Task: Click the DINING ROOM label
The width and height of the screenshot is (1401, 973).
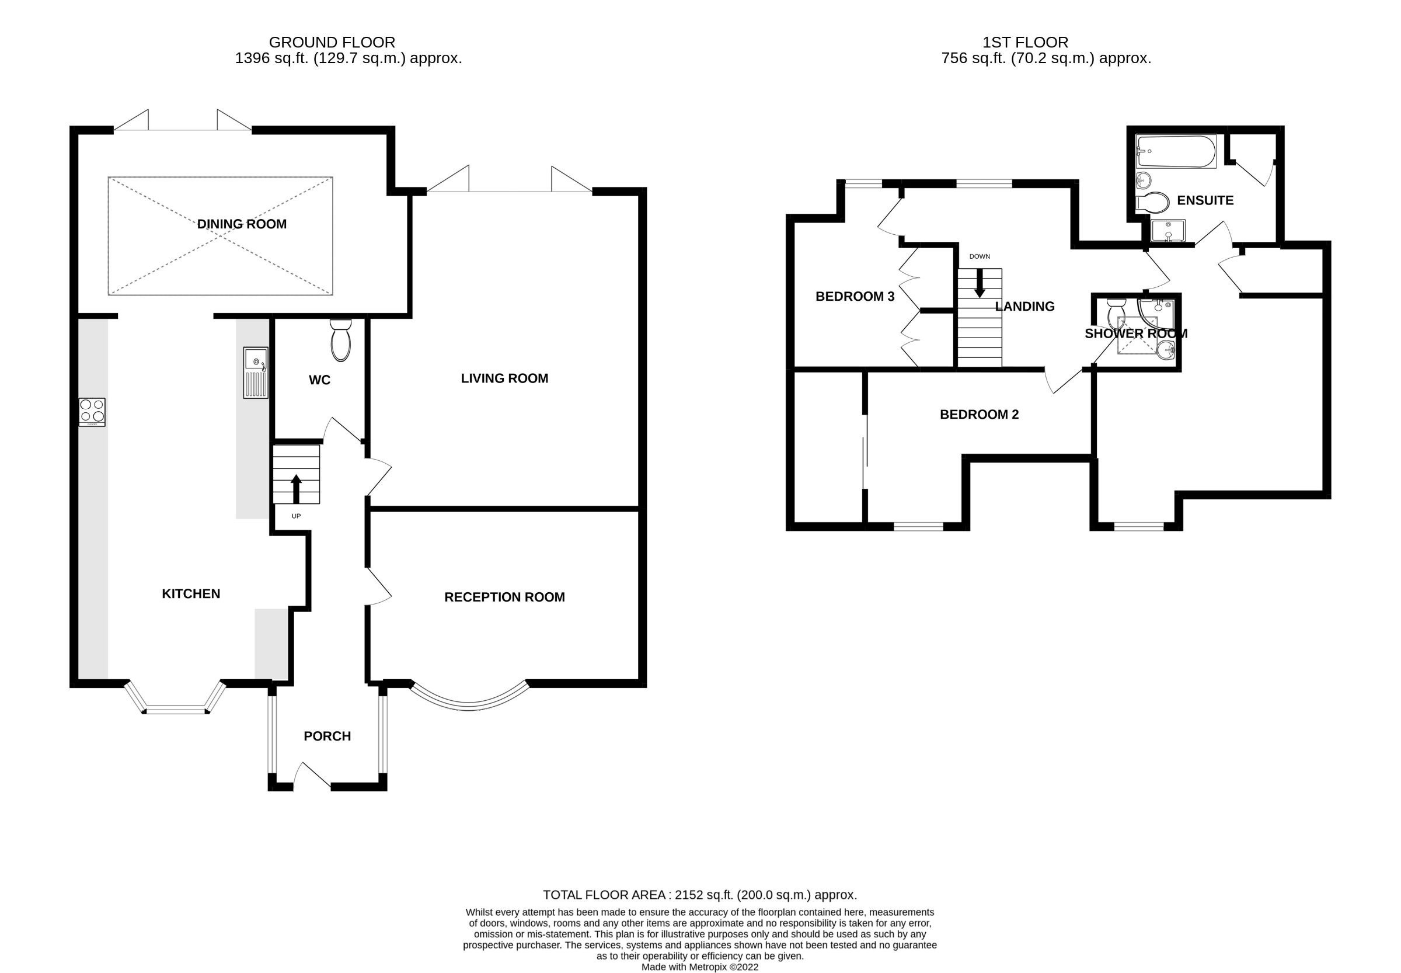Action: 241,224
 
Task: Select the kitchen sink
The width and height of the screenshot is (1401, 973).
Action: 255,372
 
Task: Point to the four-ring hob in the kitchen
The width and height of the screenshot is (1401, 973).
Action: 92,412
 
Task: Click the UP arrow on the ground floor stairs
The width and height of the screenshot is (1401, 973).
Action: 296,488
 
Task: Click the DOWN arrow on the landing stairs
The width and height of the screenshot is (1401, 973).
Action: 980,283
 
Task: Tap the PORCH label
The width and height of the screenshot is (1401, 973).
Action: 327,736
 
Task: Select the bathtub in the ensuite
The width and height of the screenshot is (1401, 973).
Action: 1176,151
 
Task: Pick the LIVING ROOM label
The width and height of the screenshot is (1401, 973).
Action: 504,378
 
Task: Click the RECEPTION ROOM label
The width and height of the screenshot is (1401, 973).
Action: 504,597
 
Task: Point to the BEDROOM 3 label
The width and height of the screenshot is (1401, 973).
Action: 855,296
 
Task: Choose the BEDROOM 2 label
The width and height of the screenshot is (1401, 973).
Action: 980,415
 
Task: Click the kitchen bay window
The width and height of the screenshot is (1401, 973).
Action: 176,707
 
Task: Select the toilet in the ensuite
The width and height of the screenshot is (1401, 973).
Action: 1152,203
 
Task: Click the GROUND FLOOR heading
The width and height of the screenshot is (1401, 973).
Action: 332,42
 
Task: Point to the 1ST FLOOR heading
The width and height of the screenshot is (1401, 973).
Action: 1025,42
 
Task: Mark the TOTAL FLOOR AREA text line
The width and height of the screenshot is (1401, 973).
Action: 699,895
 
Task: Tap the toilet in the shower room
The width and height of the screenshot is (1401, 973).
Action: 1116,311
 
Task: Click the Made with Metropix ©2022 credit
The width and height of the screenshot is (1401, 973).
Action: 699,967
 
